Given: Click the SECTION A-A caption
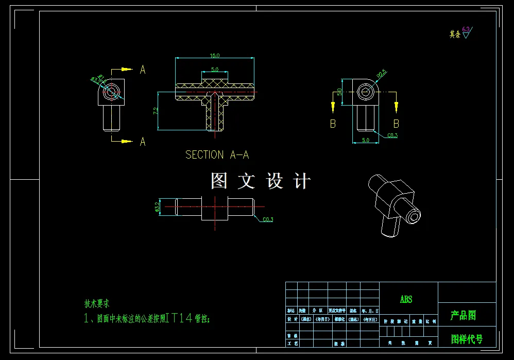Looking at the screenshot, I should (217, 155).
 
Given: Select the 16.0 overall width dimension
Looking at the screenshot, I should (215, 56).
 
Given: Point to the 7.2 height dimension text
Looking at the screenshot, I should (155, 111).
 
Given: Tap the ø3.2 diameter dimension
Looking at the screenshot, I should (157, 207).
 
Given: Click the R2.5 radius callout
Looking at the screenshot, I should (381, 75).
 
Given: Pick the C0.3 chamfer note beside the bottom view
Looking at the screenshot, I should (268, 220).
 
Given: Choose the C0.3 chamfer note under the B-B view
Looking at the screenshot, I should (392, 135).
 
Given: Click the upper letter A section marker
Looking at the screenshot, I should (143, 70).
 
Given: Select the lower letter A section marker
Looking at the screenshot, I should (143, 142).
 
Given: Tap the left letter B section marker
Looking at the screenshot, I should (333, 124).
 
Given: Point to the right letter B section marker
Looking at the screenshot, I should (396, 124).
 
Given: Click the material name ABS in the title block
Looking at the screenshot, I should (406, 299).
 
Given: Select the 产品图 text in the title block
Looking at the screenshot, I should (464, 315).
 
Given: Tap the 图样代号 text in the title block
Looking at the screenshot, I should (467, 339).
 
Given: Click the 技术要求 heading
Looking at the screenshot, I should (97, 304).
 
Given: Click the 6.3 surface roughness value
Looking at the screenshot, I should (466, 29).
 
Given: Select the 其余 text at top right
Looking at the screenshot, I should (454, 35).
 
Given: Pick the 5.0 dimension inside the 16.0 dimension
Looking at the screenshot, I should (214, 69).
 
